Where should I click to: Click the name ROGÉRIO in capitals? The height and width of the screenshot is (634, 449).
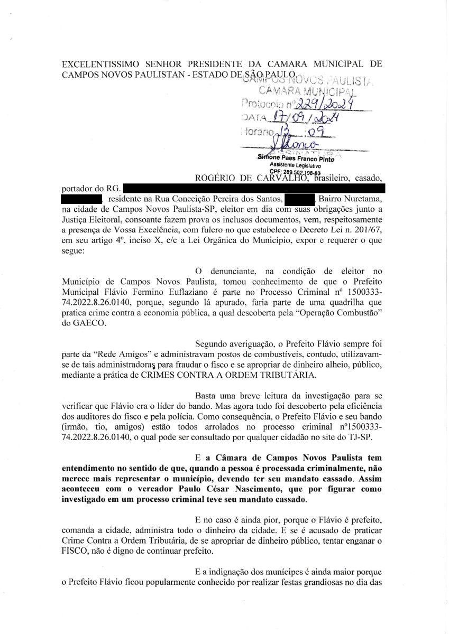click(x=218, y=178)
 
